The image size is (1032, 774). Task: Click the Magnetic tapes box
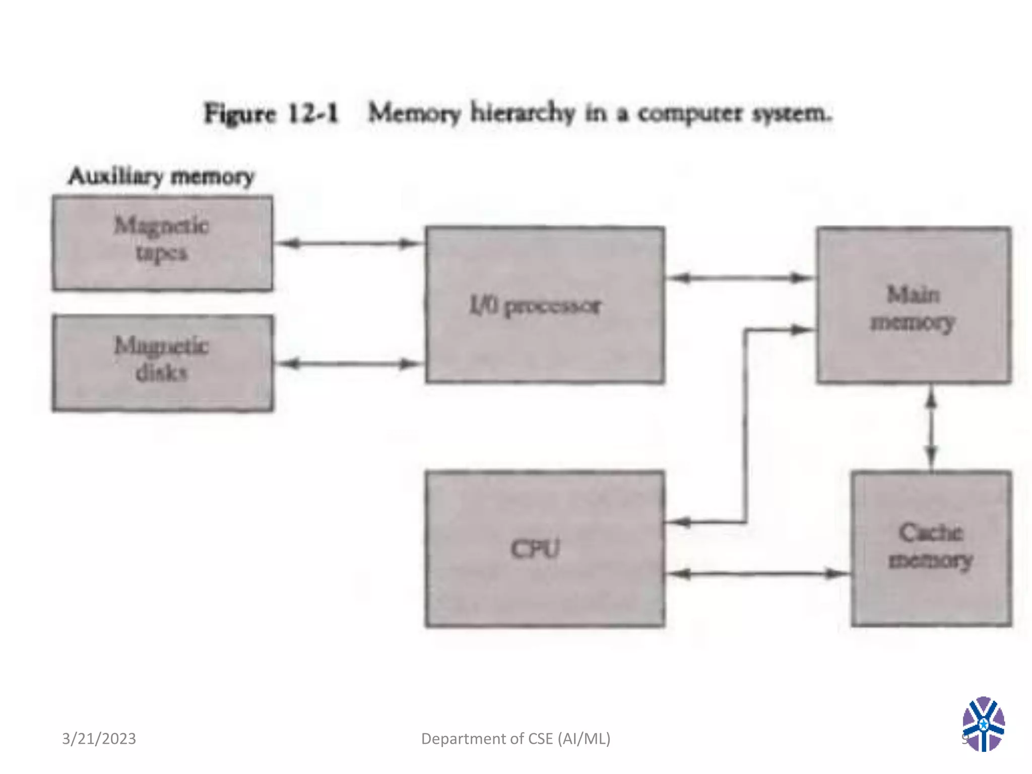pyautogui.click(x=162, y=243)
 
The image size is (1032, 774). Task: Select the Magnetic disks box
pyautogui.click(x=162, y=363)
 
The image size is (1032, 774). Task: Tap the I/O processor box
pyautogui.click(x=545, y=305)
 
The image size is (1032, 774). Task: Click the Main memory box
pyautogui.click(x=914, y=305)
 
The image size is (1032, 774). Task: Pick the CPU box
pyautogui.click(x=545, y=549)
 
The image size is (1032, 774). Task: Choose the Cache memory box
pyautogui.click(x=931, y=549)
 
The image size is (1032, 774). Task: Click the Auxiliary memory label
pyautogui.click(x=161, y=176)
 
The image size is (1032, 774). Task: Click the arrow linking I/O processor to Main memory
pyautogui.click(x=740, y=278)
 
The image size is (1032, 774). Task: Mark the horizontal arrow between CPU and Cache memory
pyautogui.click(x=756, y=573)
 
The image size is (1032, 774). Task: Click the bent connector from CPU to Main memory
pyautogui.click(x=745, y=428)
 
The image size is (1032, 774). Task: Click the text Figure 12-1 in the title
pyautogui.click(x=271, y=113)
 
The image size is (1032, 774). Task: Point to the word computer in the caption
pyautogui.click(x=690, y=113)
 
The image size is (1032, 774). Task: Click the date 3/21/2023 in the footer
pyautogui.click(x=99, y=738)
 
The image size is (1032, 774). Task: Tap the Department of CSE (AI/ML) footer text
pyautogui.click(x=515, y=738)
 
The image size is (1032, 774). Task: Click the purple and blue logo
pyautogui.click(x=983, y=724)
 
